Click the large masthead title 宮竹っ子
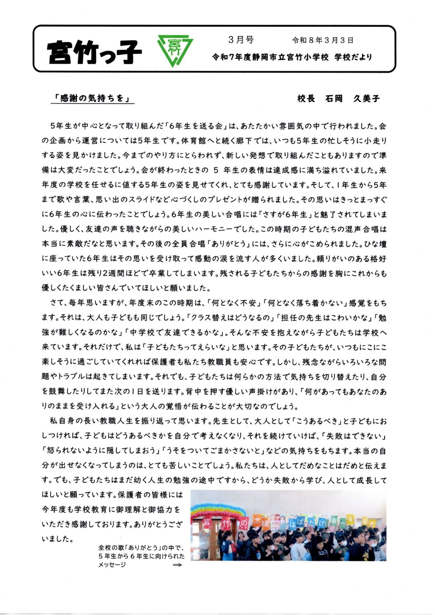coord(94,52)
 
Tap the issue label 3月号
coord(241,40)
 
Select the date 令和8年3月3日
coord(323,40)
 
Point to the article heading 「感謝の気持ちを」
coord(92,98)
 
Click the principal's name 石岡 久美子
coord(352,99)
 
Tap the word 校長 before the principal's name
coord(306,99)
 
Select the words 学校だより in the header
coord(353,57)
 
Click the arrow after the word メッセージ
coord(177,565)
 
